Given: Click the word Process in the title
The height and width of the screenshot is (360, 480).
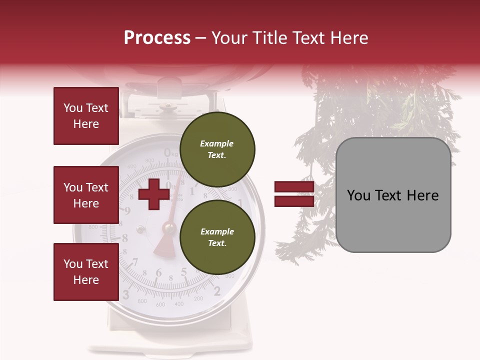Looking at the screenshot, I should [157, 38].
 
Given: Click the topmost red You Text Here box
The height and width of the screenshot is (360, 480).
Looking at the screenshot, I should [86, 116].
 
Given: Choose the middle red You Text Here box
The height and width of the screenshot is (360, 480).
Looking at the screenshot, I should [86, 195].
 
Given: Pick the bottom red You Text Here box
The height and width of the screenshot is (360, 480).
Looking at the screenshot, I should [86, 272].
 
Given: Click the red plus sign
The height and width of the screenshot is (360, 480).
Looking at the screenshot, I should [154, 194].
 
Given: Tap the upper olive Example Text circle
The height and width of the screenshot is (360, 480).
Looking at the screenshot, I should [217, 149].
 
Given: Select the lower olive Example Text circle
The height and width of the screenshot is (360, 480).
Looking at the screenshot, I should [217, 237].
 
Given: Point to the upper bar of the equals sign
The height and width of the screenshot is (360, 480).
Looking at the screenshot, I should [294, 187].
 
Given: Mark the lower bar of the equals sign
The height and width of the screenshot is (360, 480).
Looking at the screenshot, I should [294, 201].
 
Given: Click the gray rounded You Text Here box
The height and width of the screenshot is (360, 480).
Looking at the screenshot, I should [393, 195].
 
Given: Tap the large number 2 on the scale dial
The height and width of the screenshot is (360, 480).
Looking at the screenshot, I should [217, 291].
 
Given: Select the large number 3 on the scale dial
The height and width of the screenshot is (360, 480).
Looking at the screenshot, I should [126, 293].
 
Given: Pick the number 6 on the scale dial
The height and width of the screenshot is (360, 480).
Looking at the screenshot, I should [158, 273].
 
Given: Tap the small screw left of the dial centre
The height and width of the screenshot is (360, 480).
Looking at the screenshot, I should [140, 229].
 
